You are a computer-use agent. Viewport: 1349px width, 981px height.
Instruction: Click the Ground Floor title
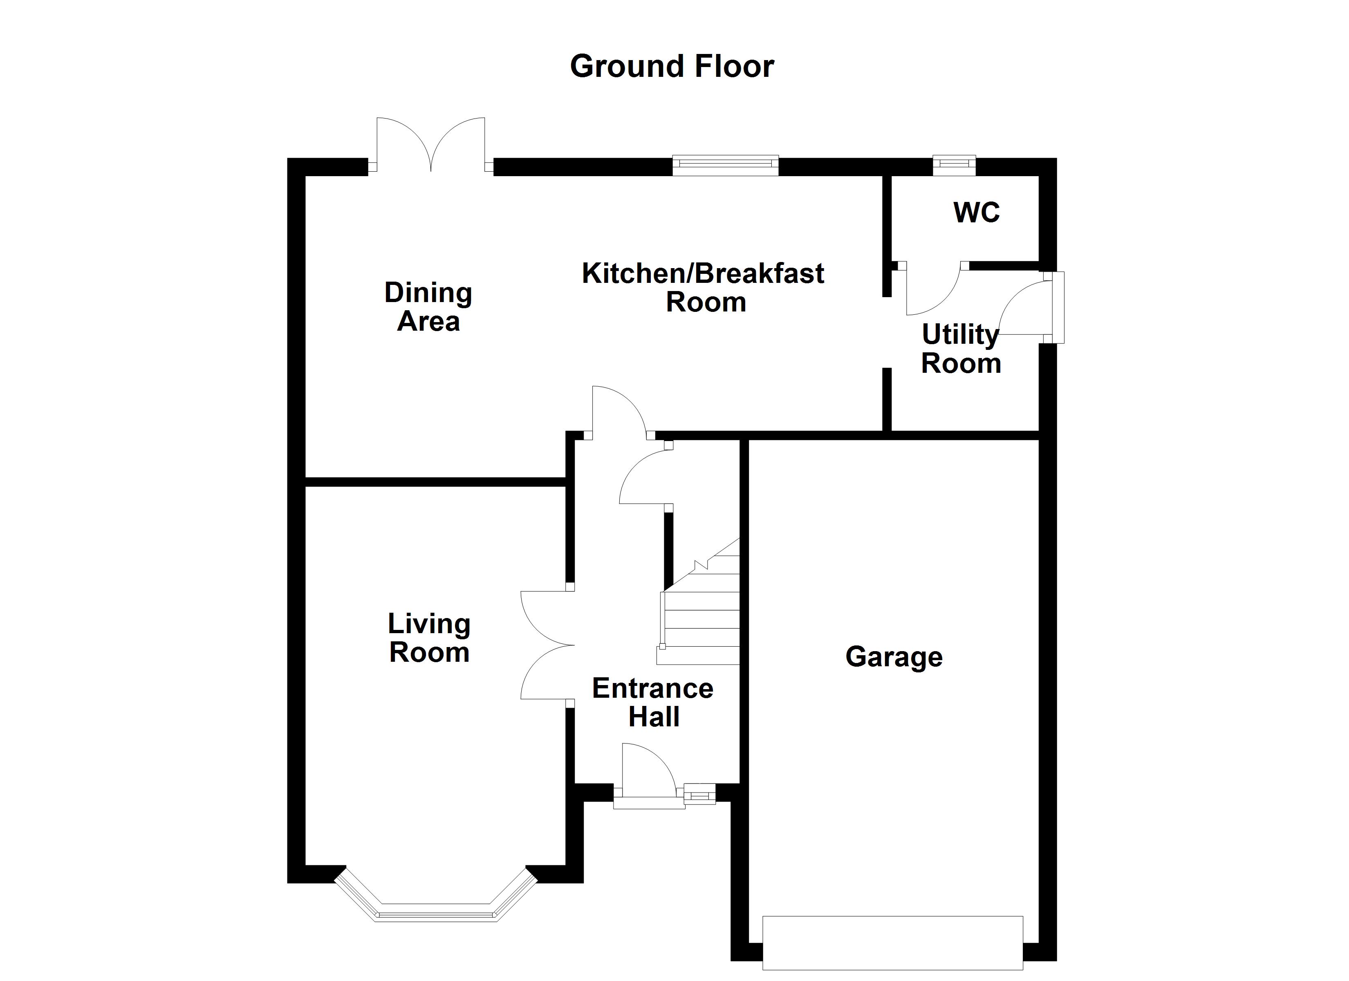(672, 66)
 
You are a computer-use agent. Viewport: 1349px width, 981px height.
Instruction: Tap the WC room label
(976, 213)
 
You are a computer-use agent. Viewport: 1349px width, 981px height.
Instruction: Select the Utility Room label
(961, 349)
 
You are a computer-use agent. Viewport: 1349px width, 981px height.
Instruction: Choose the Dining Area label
(428, 307)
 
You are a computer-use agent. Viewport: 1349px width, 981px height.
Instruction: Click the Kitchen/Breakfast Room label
(703, 287)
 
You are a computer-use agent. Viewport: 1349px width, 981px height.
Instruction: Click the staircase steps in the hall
(702, 619)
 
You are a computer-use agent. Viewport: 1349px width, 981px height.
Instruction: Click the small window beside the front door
(699, 794)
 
